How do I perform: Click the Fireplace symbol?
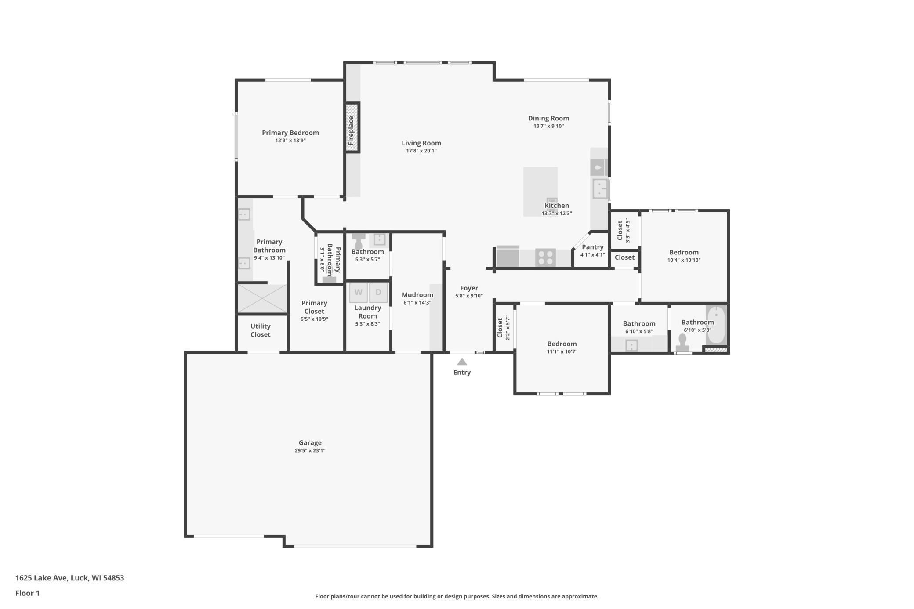[352, 127]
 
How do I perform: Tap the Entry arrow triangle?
[462, 362]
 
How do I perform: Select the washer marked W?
[359, 293]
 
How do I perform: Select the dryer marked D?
[378, 293]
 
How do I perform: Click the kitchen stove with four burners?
[545, 257]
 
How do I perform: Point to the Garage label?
[310, 443]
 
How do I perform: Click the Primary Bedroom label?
[290, 133]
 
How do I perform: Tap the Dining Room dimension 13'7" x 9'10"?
[548, 126]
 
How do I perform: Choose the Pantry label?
[592, 247]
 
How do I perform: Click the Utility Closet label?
[261, 330]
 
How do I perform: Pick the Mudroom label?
[417, 295]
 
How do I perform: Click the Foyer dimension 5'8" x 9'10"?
[469, 296]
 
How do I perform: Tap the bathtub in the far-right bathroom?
[716, 325]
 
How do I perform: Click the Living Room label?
[421, 143]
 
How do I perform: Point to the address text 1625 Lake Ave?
[41, 578]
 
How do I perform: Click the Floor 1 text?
[27, 593]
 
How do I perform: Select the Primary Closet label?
[314, 307]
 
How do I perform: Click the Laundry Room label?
[368, 312]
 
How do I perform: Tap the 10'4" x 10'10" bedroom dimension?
[684, 260]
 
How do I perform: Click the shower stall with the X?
[262, 299]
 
